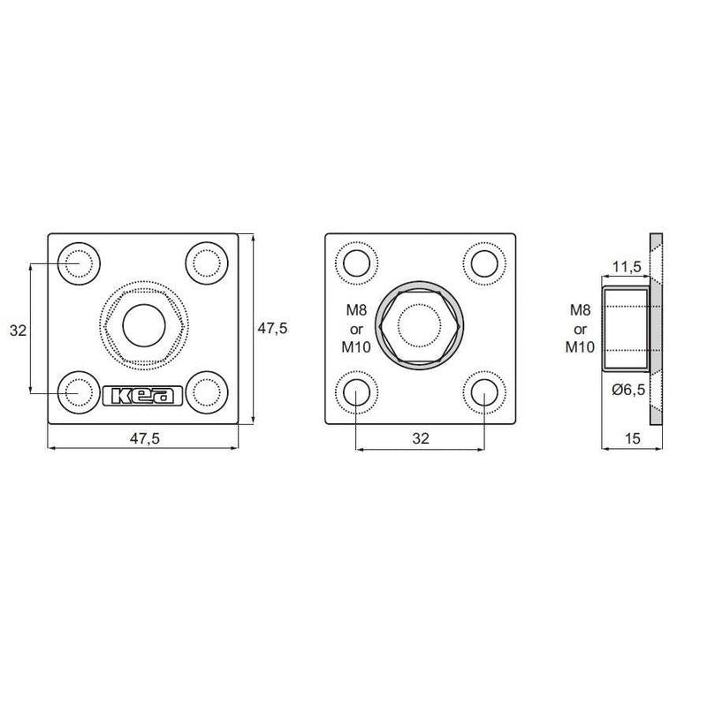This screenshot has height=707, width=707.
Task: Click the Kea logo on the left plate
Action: [x=143, y=395]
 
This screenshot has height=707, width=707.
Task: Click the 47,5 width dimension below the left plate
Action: [x=145, y=438]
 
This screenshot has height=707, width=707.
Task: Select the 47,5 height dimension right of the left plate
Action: [x=272, y=328]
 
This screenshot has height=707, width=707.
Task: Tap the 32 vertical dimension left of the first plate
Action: [x=18, y=331]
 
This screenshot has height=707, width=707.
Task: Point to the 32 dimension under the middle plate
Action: [x=421, y=438]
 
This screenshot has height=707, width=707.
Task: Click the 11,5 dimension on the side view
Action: [x=627, y=267]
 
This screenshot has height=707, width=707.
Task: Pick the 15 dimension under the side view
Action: [x=633, y=438]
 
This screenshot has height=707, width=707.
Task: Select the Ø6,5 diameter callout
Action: [x=628, y=389]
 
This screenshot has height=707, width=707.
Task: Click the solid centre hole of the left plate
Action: [x=144, y=325]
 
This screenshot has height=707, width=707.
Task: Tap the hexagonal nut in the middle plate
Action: [x=419, y=325]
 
